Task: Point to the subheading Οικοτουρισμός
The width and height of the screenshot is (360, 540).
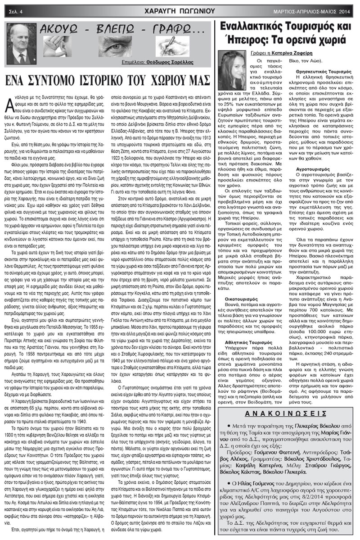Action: click(243, 299)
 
